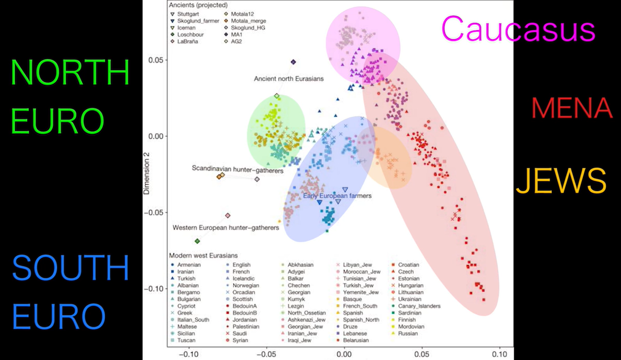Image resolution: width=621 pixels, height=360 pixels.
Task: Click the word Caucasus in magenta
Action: click(518, 29)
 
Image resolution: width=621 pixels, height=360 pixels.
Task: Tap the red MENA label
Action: click(572, 109)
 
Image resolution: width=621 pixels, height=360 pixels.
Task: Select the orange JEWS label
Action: click(561, 181)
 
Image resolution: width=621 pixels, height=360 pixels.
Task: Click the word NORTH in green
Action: click(70, 73)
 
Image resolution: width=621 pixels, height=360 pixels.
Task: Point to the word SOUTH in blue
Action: click(70, 268)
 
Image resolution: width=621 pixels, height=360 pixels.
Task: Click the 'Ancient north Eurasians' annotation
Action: click(288, 79)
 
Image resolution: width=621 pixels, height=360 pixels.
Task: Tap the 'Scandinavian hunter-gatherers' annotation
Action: click(237, 168)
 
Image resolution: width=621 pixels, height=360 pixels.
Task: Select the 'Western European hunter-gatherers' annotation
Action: click(226, 227)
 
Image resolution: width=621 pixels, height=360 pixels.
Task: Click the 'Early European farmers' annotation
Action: click(337, 196)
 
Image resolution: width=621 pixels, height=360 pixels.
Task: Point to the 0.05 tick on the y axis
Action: click(156, 60)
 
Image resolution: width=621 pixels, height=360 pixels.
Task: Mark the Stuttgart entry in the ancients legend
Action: click(189, 13)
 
